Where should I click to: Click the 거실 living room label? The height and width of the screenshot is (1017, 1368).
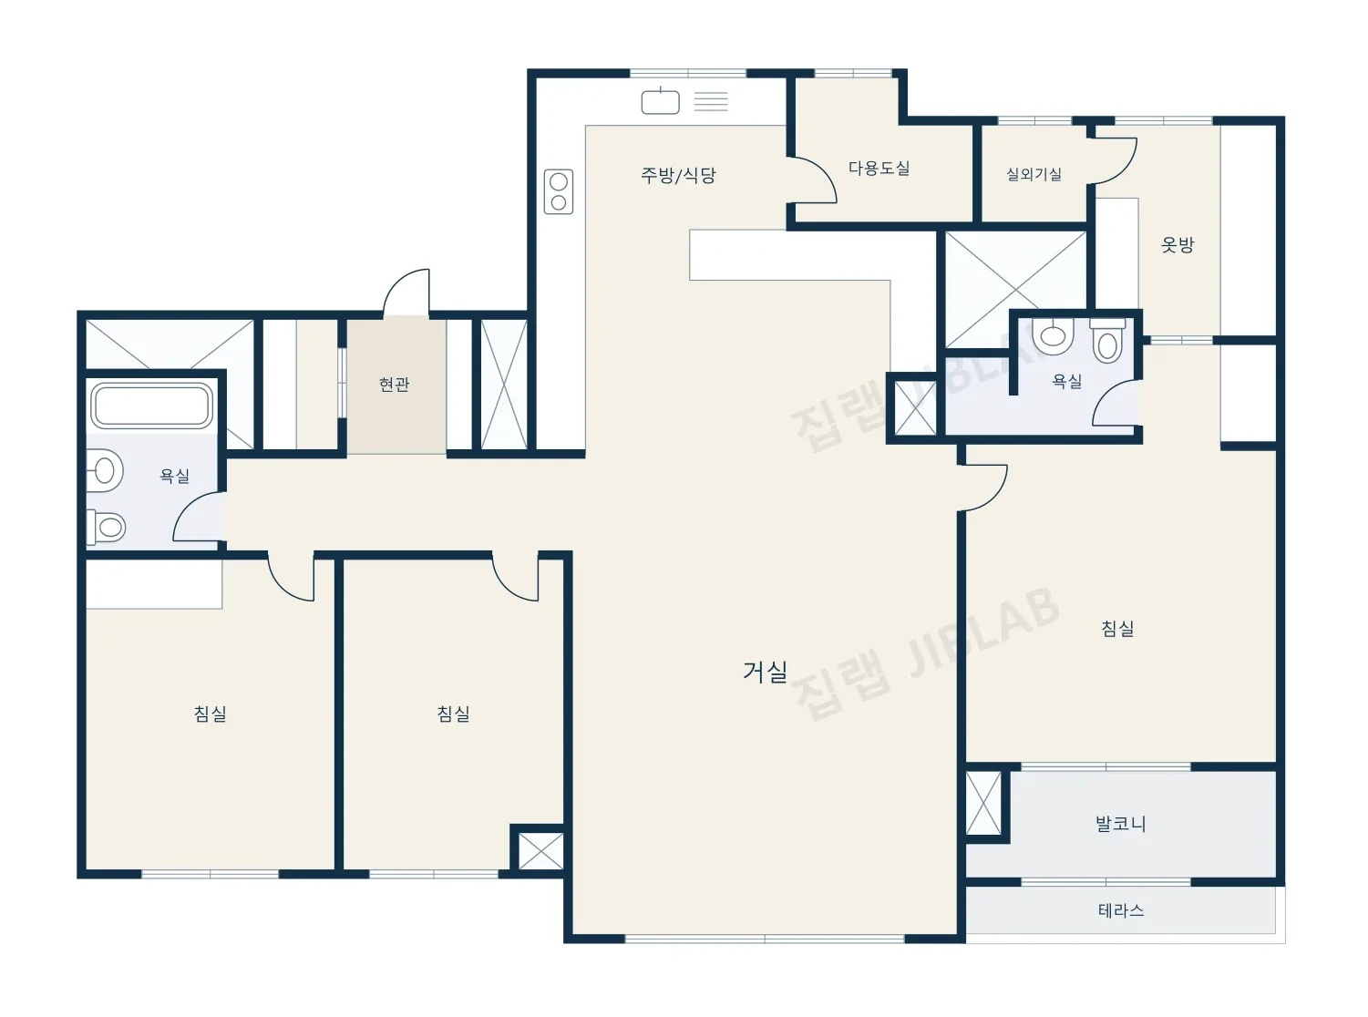pos(764,671)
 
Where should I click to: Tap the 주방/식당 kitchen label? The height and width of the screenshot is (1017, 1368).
pos(678,175)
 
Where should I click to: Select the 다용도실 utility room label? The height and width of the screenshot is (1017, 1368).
pos(879,168)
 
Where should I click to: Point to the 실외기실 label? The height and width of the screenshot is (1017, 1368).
pos(1034,174)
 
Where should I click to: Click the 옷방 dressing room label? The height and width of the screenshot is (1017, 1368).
pos(1178,245)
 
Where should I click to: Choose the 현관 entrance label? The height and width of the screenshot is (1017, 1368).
pos(394,385)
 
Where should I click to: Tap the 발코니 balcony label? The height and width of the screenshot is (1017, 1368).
pos(1120,823)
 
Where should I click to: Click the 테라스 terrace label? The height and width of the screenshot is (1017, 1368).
pos(1121,910)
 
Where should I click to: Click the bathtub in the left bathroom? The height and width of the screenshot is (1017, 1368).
pos(151,406)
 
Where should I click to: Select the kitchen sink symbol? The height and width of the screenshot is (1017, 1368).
pos(660,101)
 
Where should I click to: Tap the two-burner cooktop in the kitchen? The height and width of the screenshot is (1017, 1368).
pos(558,191)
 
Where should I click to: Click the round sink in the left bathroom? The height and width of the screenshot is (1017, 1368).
pos(104,471)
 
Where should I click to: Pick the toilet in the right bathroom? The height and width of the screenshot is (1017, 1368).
pos(1107,340)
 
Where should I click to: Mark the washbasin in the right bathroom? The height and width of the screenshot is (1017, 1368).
pos(1053,335)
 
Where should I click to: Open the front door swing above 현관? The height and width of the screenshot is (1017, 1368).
pos(407,293)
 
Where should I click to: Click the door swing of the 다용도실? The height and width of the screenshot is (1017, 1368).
pos(812,180)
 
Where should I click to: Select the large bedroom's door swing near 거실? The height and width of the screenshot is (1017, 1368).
pos(983,488)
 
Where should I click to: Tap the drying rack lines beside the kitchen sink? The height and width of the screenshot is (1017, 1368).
pos(711,101)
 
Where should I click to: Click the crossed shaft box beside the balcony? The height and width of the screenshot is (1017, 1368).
pos(983,803)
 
